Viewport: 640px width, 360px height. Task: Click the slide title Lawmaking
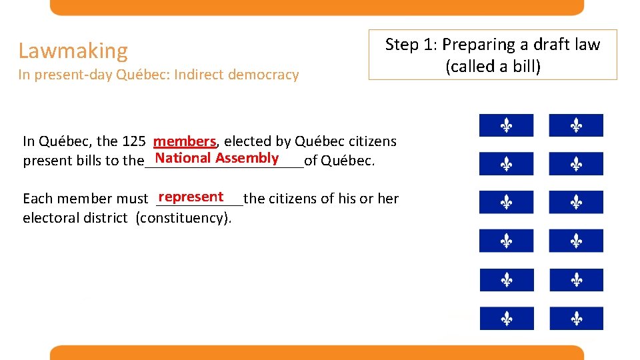[73, 51]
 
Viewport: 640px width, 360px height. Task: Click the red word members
[185, 141]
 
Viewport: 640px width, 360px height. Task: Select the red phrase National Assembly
[217, 158]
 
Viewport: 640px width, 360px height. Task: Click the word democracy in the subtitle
[263, 75]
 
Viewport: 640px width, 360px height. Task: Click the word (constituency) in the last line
[183, 217]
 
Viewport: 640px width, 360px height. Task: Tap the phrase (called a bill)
[493, 66]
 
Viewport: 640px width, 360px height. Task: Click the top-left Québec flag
[506, 125]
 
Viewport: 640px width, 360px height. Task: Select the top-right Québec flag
[576, 125]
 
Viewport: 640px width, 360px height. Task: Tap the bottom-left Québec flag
[506, 319]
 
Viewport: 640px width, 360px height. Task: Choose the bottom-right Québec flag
[576, 319]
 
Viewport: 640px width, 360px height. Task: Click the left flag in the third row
[506, 202]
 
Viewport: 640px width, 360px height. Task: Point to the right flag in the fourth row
[576, 241]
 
